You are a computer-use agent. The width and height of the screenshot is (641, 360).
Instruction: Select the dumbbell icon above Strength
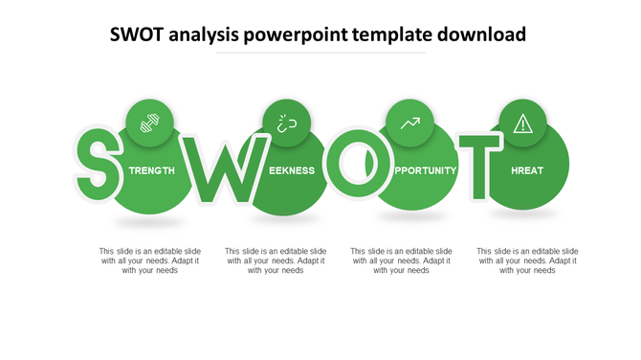(x=149, y=123)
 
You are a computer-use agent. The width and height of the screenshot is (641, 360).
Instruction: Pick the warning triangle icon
(x=522, y=123)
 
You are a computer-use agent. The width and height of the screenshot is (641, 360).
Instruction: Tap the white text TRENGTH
(x=152, y=170)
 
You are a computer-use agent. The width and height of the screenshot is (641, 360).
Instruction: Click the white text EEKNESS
(x=292, y=170)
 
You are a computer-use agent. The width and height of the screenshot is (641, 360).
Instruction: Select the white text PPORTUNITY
(x=425, y=170)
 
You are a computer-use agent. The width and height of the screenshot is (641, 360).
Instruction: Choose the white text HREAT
(x=527, y=170)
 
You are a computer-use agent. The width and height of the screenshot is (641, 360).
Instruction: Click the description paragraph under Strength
(x=150, y=260)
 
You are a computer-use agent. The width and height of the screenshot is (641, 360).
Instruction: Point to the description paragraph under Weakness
(x=276, y=260)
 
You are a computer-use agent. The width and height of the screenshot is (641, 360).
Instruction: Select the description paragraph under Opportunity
(x=402, y=260)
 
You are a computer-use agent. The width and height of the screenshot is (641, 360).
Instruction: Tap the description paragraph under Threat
(x=527, y=260)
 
